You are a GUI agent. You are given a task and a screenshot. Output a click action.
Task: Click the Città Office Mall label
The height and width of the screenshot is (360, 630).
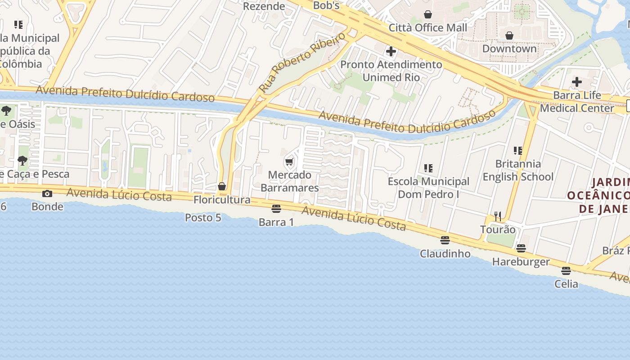pos(428,27)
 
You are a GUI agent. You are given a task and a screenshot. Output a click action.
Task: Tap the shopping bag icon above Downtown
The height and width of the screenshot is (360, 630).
pos(509,35)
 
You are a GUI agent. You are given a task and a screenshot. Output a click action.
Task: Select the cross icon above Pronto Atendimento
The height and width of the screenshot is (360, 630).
pos(391,51)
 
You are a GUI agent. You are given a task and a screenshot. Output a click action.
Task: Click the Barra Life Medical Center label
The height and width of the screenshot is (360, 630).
pos(577,102)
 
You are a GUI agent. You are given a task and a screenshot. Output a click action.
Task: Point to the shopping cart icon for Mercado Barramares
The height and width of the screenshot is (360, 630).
pos(289,162)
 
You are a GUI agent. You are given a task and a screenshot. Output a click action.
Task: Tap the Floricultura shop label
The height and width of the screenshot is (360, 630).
pos(222,199)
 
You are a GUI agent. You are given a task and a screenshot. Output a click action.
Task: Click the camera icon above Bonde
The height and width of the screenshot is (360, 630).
pos(47,193)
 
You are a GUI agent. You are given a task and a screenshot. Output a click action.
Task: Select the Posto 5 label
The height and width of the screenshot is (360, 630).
pos(203,218)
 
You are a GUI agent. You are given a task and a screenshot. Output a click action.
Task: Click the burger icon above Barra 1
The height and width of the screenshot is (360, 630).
pos(276,209)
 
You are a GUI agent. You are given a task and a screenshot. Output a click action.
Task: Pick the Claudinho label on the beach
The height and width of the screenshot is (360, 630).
pos(445,254)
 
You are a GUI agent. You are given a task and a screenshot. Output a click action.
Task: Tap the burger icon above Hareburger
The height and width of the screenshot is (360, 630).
pos(521,248)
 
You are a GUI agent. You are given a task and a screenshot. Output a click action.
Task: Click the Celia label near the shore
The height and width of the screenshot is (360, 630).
pos(566,284)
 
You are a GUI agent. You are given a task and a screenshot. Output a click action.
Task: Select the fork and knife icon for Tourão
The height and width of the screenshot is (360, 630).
pos(498,216)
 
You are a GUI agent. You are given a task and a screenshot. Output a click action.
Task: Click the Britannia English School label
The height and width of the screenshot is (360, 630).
pos(518,170)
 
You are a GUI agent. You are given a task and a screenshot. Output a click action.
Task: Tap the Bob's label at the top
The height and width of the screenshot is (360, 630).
pos(326,6)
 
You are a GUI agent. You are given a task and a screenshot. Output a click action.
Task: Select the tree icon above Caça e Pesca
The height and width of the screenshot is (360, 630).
pos(22,161)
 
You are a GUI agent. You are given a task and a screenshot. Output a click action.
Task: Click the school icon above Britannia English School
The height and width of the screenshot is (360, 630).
pos(518,151)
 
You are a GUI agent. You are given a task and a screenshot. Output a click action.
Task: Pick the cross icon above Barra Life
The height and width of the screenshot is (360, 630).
pos(577,82)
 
